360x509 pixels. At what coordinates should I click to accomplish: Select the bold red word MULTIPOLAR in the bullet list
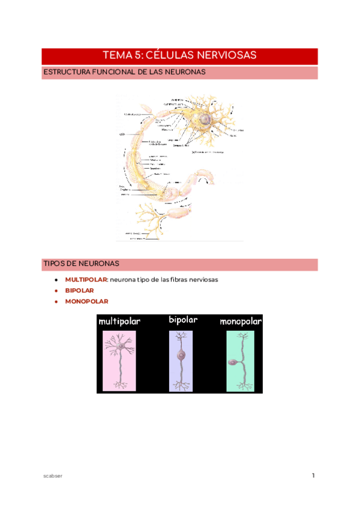86,280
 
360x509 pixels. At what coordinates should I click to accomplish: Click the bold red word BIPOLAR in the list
79,291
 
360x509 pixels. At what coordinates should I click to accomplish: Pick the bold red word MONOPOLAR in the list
86,301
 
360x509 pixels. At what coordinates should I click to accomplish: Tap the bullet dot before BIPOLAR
56,291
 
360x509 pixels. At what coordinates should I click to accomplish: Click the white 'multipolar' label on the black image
119,322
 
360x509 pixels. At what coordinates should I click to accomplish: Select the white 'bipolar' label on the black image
183,320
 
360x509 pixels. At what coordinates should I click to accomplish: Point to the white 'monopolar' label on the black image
241,322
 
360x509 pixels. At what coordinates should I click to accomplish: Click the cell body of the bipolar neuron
180,355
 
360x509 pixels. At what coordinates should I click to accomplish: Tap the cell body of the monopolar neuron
232,363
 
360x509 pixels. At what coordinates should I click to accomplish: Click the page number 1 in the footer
313,476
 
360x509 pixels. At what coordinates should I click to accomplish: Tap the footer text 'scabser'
53,476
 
